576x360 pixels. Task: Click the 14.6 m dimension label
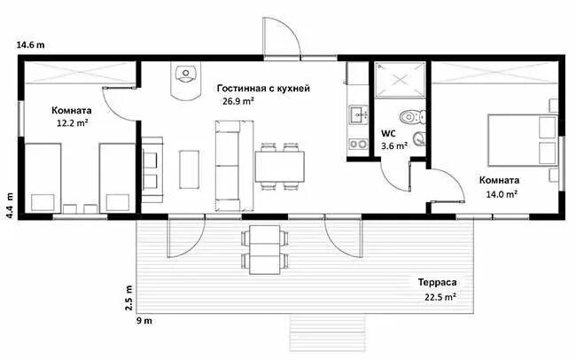(30, 43)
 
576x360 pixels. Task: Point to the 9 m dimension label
(143, 320)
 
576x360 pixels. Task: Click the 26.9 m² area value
(238, 101)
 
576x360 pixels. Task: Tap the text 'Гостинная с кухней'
(263, 89)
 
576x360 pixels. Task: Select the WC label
(389, 133)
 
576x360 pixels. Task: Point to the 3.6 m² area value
(394, 145)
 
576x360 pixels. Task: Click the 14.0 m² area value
(501, 192)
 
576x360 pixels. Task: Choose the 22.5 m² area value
(440, 298)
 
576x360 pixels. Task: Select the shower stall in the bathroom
(400, 81)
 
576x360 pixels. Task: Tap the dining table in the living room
(279, 165)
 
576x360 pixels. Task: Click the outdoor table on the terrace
(264, 249)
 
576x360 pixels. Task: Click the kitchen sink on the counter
(358, 113)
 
